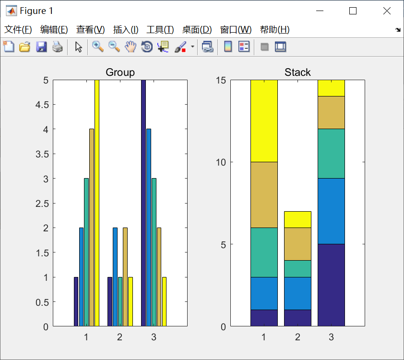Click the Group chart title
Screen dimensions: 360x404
click(x=120, y=72)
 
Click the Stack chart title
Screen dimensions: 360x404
click(x=297, y=72)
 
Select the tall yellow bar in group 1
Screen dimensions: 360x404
click(x=96, y=202)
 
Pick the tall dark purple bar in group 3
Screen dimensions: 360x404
click(x=143, y=202)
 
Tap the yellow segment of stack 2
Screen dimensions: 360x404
click(x=297, y=219)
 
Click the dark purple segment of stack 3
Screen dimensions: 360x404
click(x=331, y=285)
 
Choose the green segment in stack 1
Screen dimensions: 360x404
click(x=264, y=252)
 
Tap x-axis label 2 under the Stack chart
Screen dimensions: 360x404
click(x=297, y=337)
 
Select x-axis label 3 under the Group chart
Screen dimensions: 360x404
click(x=154, y=337)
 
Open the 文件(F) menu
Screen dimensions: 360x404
click(x=18, y=30)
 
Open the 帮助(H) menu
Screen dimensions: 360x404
click(x=274, y=30)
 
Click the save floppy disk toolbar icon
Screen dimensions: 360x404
click(x=41, y=47)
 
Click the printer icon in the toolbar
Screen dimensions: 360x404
click(x=58, y=47)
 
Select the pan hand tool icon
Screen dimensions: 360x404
click(x=131, y=47)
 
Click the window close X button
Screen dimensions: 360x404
click(x=387, y=11)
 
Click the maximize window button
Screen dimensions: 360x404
click(x=353, y=11)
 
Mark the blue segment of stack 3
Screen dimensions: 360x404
click(x=331, y=211)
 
